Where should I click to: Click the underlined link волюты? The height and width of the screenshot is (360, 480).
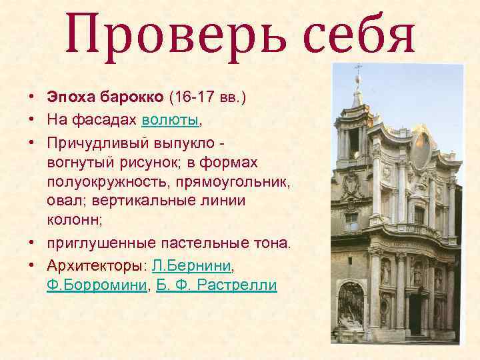tap(170, 120)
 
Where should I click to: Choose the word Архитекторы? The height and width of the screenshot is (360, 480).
tap(96, 266)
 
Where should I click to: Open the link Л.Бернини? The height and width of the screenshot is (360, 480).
tap(191, 266)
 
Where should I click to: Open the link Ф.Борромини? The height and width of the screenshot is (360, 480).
tap(96, 285)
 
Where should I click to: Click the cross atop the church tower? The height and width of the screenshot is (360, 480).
tap(358, 69)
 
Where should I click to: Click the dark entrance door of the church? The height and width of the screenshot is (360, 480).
tap(415, 313)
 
